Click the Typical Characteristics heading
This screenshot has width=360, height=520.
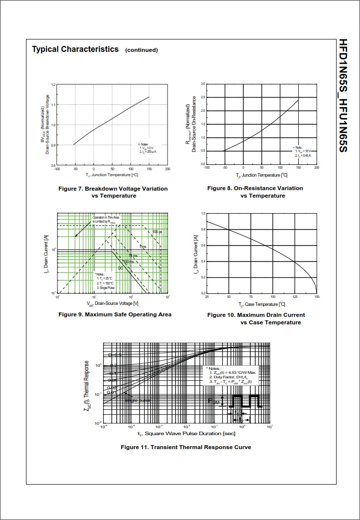pyautogui.click(x=75, y=49)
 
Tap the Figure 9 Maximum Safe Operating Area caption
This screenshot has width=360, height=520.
pyautogui.click(x=115, y=314)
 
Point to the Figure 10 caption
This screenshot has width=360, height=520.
pyautogui.click(x=256, y=318)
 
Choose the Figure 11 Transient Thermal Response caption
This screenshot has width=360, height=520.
pyautogui.click(x=185, y=447)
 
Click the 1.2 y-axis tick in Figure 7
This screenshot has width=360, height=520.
pyautogui.click(x=53, y=85)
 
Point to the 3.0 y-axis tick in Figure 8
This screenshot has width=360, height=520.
pyautogui.click(x=203, y=84)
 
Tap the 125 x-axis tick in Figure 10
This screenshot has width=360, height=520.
pyautogui.click(x=294, y=297)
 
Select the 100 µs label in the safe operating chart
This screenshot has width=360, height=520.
pyautogui.click(x=157, y=232)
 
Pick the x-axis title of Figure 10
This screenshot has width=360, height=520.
pyautogui.click(x=262, y=304)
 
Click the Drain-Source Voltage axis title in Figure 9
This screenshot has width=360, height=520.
pyautogui.click(x=112, y=303)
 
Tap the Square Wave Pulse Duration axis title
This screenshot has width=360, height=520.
pyautogui.click(x=186, y=434)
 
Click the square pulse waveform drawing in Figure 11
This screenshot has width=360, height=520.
pyautogui.click(x=244, y=401)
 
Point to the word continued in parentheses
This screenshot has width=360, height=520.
pyautogui.click(x=141, y=50)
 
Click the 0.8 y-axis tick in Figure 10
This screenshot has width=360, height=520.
pyautogui.click(x=203, y=230)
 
